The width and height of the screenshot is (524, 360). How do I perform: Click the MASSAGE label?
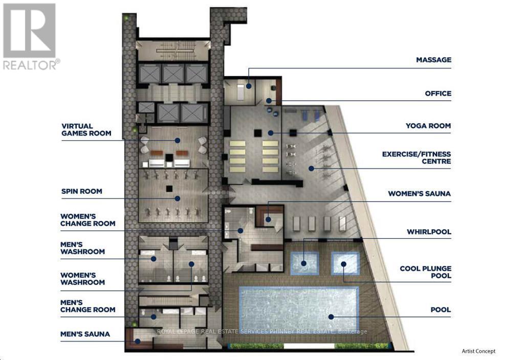tap(433, 60)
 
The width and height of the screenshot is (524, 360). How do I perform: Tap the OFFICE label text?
tap(438, 94)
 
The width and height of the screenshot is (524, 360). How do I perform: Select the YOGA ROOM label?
tap(428, 126)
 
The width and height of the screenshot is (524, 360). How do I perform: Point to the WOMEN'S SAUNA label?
tap(419, 194)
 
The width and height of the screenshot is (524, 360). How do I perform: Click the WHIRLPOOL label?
tap(429, 232)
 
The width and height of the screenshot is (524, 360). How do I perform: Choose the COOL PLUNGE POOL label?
tap(425, 272)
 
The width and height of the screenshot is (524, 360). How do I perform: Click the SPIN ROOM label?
tap(81, 191)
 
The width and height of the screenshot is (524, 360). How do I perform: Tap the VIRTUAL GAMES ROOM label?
tap(86, 129)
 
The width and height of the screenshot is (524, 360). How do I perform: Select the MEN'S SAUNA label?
tap(85, 334)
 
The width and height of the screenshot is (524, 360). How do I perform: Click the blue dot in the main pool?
tap(331, 317)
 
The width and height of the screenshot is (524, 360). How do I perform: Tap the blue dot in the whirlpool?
tap(303, 263)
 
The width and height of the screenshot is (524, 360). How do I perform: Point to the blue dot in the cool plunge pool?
tap(343, 264)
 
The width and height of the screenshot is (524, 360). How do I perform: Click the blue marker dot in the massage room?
tap(249, 86)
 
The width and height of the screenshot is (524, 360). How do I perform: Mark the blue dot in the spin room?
tap(178, 199)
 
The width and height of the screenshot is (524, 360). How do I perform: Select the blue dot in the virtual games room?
tap(178, 141)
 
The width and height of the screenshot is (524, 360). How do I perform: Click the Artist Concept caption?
tap(478, 351)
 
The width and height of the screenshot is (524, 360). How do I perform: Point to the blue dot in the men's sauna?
tap(137, 341)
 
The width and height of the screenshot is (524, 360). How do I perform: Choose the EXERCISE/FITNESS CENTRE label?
tap(417, 157)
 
